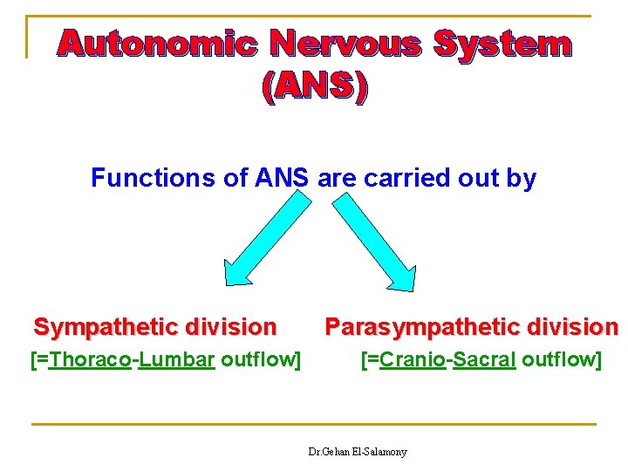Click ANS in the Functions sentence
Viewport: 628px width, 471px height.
point(282,179)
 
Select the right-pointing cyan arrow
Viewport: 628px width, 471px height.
point(376,241)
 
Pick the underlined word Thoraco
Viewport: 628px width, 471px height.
point(90,358)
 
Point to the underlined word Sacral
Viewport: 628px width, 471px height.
point(485,358)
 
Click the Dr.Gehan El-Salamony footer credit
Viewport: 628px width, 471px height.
point(358,452)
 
